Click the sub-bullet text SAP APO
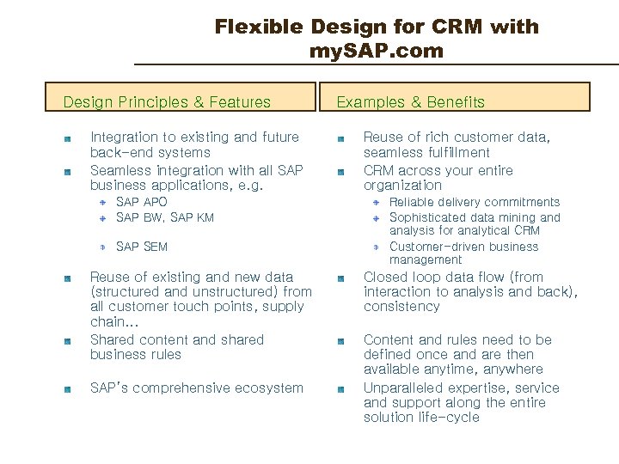tap(142, 202)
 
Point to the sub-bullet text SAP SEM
tap(142, 247)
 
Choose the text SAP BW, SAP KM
tap(165, 217)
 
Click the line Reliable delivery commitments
tap(475, 202)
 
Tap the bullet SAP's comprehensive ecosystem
tap(197, 388)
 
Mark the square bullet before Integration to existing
tap(67, 138)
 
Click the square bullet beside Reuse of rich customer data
tap(340, 138)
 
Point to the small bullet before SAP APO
tap(102, 203)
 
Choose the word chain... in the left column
tap(108, 321)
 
